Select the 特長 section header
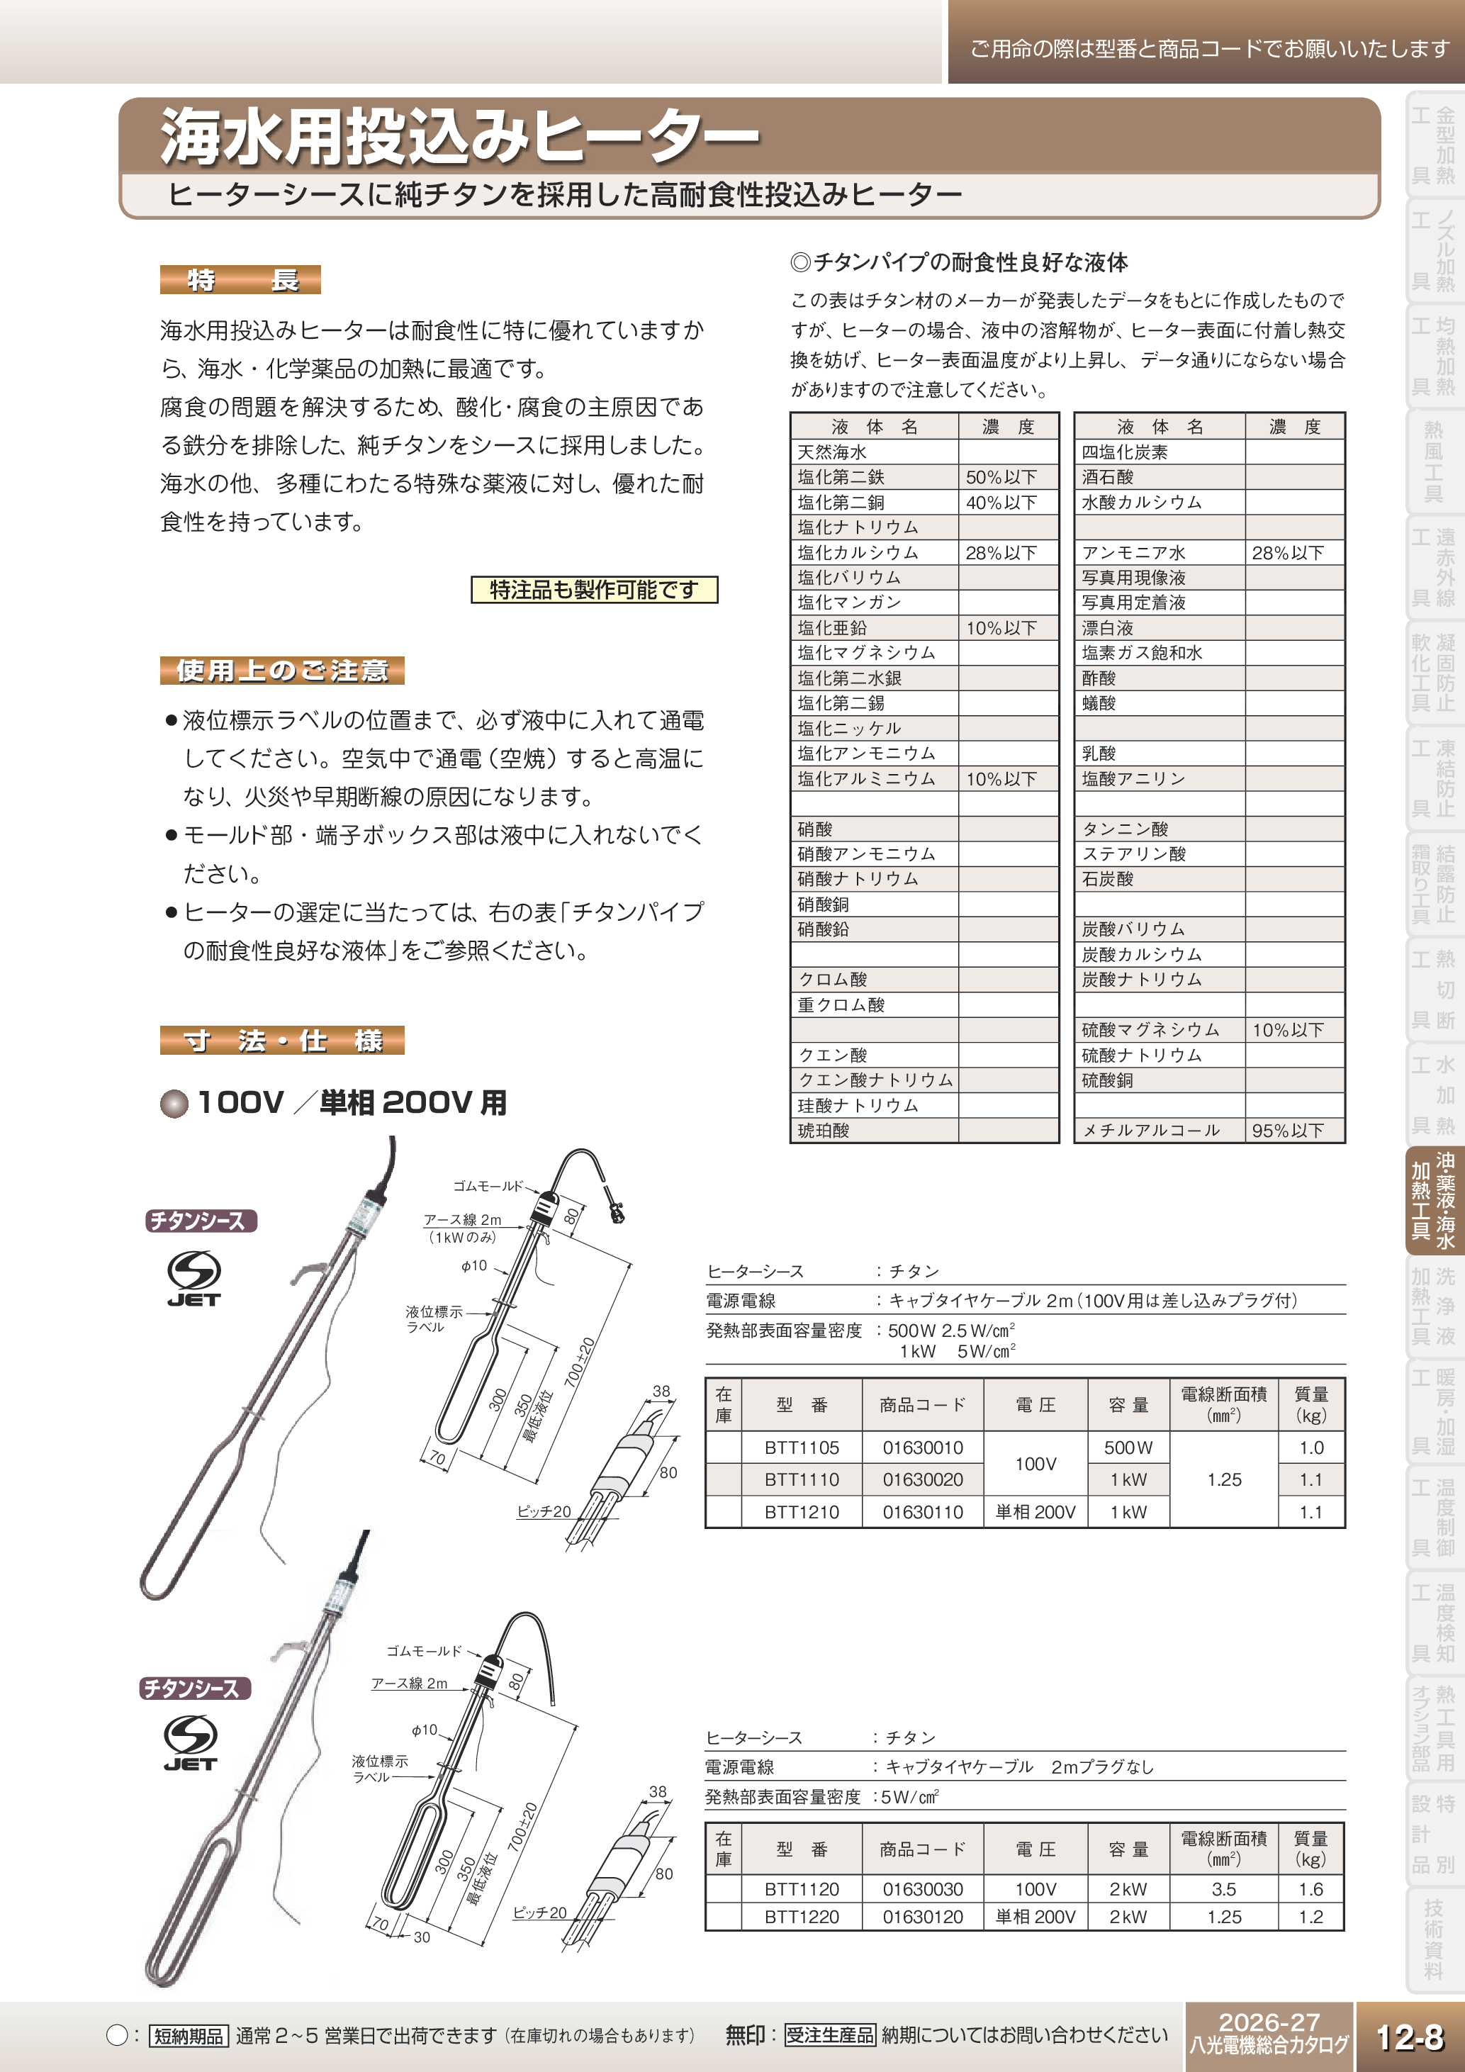click(240, 280)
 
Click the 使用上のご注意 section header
click(281, 671)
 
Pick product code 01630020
click(922, 1479)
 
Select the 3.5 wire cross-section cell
click(1223, 1889)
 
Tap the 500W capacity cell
click(1128, 1447)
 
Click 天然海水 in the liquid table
click(832, 452)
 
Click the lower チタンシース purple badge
click(194, 1688)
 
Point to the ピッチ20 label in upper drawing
click(543, 1511)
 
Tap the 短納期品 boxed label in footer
click(188, 2036)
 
